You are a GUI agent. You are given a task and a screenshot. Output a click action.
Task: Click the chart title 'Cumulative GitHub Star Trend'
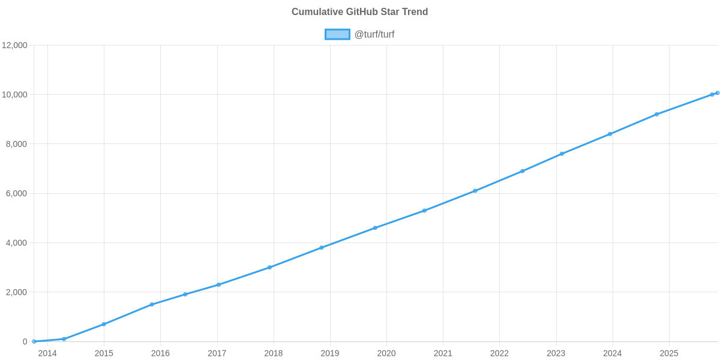pos(359,12)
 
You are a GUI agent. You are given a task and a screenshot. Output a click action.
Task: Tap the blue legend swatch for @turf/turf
pos(337,34)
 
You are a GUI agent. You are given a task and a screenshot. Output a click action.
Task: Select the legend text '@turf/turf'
pos(374,34)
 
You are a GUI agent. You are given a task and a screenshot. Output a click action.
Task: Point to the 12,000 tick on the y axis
pos(15,46)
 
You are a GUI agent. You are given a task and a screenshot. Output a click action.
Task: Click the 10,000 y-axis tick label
pos(15,95)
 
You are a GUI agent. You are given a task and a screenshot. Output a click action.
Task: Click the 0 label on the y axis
pos(25,342)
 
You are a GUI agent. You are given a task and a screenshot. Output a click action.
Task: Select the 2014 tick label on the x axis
pos(47,353)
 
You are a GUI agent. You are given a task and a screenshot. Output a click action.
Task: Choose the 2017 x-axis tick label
pos(217,353)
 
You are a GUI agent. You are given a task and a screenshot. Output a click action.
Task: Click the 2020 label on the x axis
pos(386,353)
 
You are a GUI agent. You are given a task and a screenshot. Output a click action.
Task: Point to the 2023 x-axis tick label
pos(556,353)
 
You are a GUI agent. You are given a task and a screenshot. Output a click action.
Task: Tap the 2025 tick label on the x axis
pos(668,353)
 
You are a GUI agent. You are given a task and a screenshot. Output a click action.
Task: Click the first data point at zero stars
pos(34,341)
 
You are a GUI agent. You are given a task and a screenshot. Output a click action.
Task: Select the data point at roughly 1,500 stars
pos(152,304)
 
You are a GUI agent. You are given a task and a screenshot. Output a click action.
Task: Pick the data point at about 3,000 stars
pos(269,268)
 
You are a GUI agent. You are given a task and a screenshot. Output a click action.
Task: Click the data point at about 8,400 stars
pos(610,134)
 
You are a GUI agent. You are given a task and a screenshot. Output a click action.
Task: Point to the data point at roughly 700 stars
pos(104,324)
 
